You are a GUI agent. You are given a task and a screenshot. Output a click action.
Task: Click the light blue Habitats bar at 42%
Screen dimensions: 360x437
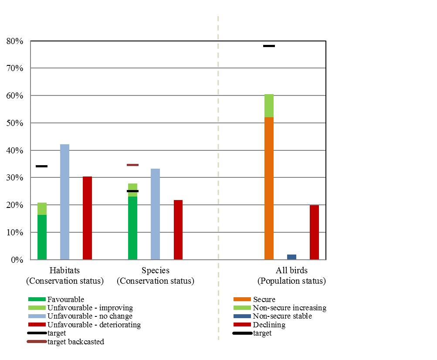[x=64, y=202]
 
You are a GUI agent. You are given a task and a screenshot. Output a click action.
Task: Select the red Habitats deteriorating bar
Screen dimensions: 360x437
[x=87, y=218]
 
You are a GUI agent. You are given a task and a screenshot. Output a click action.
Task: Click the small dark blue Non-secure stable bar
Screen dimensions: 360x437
[x=292, y=257]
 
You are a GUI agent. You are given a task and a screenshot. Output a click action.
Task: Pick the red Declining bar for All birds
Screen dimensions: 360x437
[x=314, y=232]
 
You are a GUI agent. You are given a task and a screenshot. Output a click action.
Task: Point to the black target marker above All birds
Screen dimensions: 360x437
[x=269, y=46]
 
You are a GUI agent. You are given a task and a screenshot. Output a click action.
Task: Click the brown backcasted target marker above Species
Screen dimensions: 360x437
[x=132, y=165]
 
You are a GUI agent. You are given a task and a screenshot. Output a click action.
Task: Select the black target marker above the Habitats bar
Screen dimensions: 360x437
[x=42, y=166]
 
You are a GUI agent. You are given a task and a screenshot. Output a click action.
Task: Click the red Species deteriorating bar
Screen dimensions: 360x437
[x=178, y=230]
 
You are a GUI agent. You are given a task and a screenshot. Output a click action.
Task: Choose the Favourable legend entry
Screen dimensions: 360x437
[x=65, y=299]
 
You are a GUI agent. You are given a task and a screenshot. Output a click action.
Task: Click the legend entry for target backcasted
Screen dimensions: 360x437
[x=75, y=342]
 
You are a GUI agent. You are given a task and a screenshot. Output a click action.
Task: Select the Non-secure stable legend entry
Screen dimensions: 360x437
[x=282, y=316]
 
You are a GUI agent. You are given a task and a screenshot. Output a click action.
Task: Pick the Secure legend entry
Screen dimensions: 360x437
[x=264, y=299]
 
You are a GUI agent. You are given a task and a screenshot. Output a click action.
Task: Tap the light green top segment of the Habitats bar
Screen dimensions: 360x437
[x=42, y=209]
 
